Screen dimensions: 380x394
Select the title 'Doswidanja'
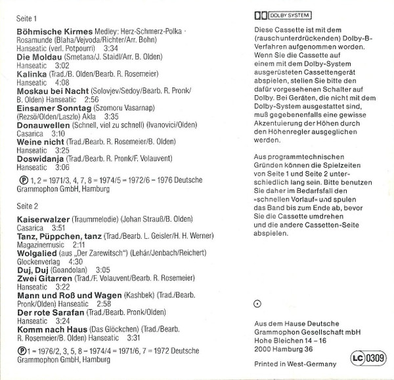(41, 158)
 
